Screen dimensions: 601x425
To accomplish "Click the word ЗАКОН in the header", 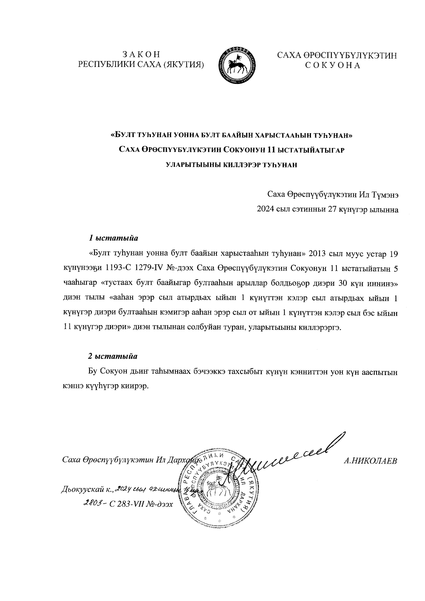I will point(141,55).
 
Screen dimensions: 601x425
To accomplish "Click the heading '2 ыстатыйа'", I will point(113,356).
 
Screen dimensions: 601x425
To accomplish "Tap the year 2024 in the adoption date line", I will point(265,210).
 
